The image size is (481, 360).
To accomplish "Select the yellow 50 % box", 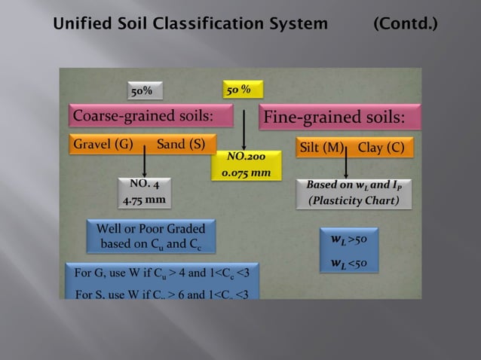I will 243,89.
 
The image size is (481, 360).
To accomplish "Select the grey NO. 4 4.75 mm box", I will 145,193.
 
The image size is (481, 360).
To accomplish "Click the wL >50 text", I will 348,240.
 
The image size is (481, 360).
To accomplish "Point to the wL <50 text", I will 348,263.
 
